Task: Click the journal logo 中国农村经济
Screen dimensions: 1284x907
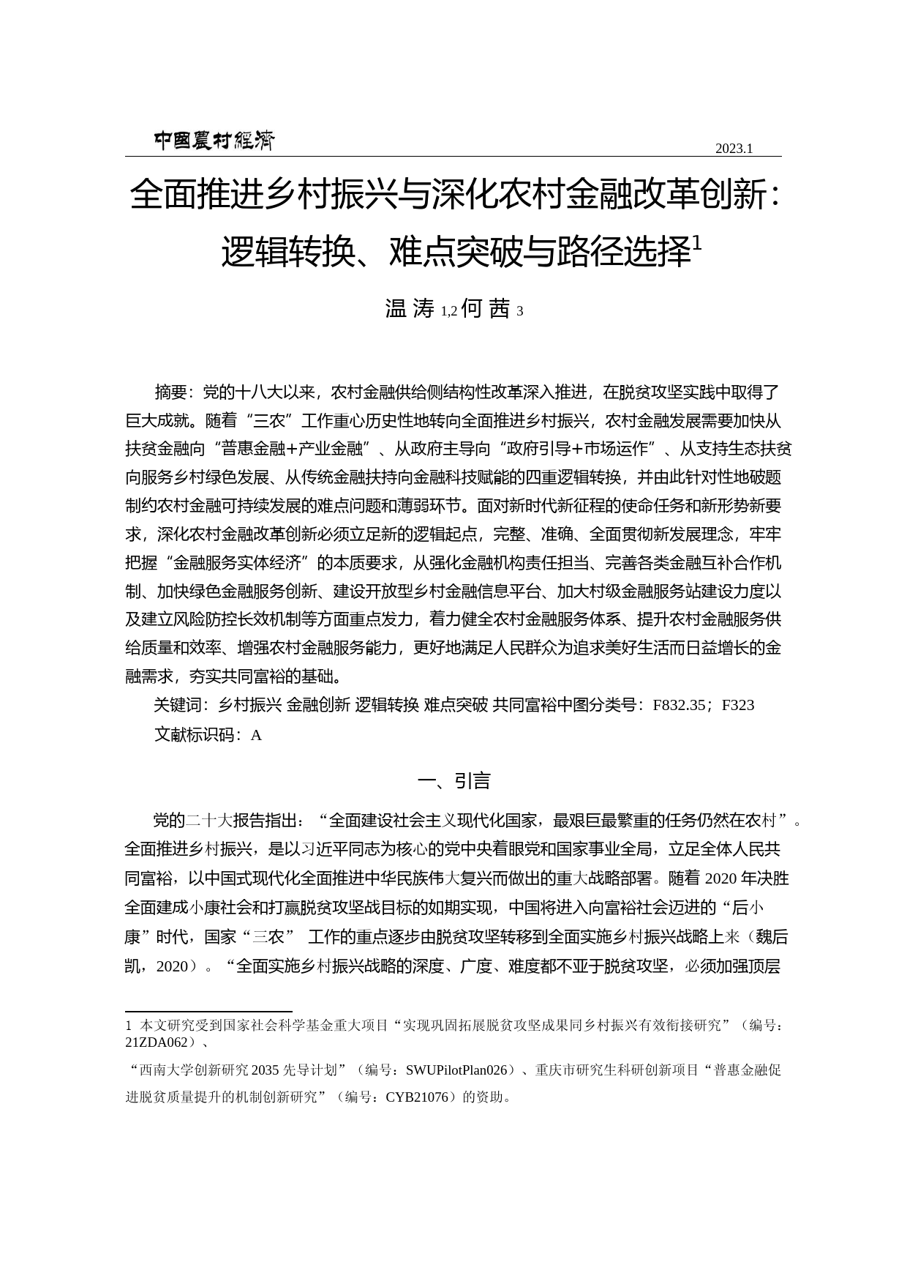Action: pos(214,141)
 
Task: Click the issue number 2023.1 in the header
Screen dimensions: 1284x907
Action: pos(734,149)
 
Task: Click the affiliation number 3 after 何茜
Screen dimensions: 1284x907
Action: pos(520,312)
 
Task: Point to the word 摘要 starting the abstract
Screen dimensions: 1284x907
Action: pos(170,392)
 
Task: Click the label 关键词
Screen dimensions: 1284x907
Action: pos(178,705)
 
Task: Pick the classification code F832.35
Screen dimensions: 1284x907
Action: pos(679,705)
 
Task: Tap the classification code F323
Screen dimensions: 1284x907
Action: pos(737,705)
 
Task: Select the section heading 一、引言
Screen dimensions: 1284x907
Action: pos(453,781)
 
